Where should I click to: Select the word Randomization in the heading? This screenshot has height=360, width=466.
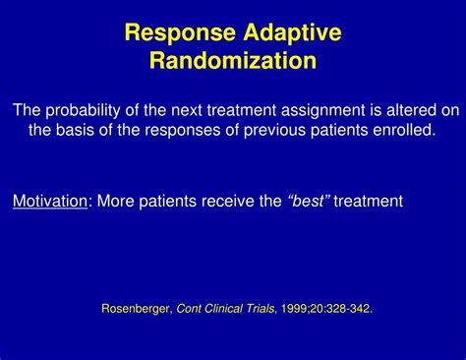(233, 61)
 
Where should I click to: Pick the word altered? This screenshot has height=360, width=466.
(406, 109)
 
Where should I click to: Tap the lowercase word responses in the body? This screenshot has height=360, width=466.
(185, 130)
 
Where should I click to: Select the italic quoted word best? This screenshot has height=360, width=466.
(309, 202)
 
